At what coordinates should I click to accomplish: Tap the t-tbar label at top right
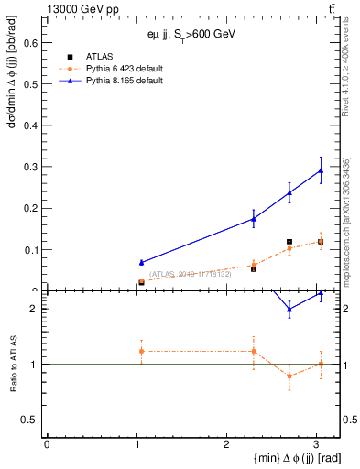coord(331,7)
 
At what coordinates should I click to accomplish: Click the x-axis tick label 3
coord(316,443)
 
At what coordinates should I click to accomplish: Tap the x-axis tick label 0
coord(47,443)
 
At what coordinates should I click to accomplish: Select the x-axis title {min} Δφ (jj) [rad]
coord(285,458)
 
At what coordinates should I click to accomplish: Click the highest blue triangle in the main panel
coord(321,170)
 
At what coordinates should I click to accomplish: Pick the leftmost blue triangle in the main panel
coord(141,263)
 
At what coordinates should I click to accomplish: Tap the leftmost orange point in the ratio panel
coord(141,351)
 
